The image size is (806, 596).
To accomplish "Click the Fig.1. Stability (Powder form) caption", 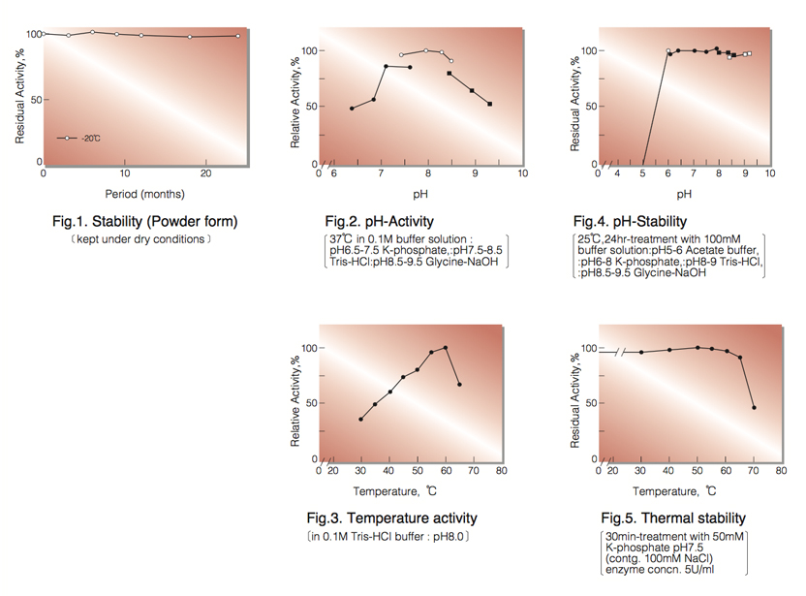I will pyautogui.click(x=144, y=222).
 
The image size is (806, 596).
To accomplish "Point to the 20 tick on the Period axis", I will pyautogui.click(x=206, y=173).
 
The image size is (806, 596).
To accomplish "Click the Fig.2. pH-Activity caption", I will pyautogui.click(x=379, y=222).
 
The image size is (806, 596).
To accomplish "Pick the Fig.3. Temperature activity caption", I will pyautogui.click(x=391, y=518).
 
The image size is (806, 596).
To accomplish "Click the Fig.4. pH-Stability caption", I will pyautogui.click(x=630, y=222).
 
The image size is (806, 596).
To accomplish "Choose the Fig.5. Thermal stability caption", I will pyautogui.click(x=673, y=518).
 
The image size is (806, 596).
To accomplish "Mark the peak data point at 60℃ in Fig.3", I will pyautogui.click(x=446, y=348).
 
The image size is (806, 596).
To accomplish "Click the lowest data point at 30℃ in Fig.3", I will pyautogui.click(x=360, y=420).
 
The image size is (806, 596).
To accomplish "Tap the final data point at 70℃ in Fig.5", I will pyautogui.click(x=754, y=407).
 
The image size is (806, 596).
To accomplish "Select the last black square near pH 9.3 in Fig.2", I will pyautogui.click(x=490, y=104).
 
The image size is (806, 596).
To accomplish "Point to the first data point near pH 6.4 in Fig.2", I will pyautogui.click(x=352, y=109).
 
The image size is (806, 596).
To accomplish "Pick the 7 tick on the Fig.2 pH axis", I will pyautogui.click(x=381, y=173).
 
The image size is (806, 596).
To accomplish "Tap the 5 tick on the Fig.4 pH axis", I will pyautogui.click(x=642, y=173).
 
